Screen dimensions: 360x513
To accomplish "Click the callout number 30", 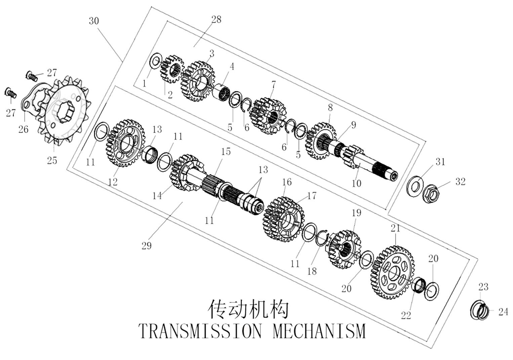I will [94, 21].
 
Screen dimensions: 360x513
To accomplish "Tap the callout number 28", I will [216, 19].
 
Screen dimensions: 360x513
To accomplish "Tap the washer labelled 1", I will [154, 61].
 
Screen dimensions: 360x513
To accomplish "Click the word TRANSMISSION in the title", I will [200, 331].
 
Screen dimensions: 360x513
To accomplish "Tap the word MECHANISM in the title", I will [319, 331].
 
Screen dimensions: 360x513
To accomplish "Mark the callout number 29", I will [147, 246].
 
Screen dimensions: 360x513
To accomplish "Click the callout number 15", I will [226, 152].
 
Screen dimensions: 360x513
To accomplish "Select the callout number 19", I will [356, 213].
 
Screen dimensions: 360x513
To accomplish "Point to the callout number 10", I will [356, 183].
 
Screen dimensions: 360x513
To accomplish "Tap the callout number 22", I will [406, 316].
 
